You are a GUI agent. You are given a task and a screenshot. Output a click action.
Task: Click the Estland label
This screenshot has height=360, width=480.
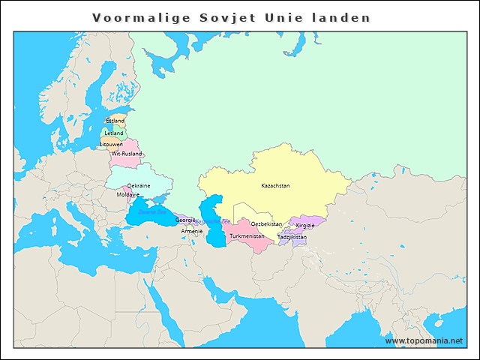(x=115, y=121)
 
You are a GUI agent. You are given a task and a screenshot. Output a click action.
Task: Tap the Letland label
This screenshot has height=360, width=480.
(x=114, y=133)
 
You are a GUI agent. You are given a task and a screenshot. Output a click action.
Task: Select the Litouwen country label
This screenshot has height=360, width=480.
(x=111, y=144)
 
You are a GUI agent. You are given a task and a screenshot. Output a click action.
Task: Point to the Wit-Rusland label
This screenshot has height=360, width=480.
(x=126, y=154)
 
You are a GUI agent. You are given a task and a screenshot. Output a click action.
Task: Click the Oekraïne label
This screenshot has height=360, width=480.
(x=138, y=185)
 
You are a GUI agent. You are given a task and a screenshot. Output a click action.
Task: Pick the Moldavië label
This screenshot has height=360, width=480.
(x=128, y=194)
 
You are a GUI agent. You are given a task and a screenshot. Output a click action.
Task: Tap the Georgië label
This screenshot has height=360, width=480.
(x=185, y=220)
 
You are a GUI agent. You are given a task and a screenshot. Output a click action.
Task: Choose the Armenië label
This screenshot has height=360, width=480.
(x=191, y=231)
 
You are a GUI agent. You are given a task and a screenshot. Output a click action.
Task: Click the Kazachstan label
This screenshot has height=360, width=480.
(x=275, y=185)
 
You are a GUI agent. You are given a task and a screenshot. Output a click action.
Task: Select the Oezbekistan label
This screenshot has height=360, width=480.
(x=266, y=223)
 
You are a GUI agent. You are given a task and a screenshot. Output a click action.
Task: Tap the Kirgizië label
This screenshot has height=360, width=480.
(x=305, y=225)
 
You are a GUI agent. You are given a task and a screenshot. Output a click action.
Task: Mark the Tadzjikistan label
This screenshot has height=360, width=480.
(x=292, y=237)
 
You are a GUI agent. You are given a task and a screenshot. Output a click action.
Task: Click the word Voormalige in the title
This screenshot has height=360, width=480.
(x=132, y=17)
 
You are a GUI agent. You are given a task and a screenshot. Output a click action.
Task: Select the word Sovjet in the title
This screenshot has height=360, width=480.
(x=222, y=17)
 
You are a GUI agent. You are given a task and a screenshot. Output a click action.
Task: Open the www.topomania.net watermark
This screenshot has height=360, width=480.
(x=424, y=340)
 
